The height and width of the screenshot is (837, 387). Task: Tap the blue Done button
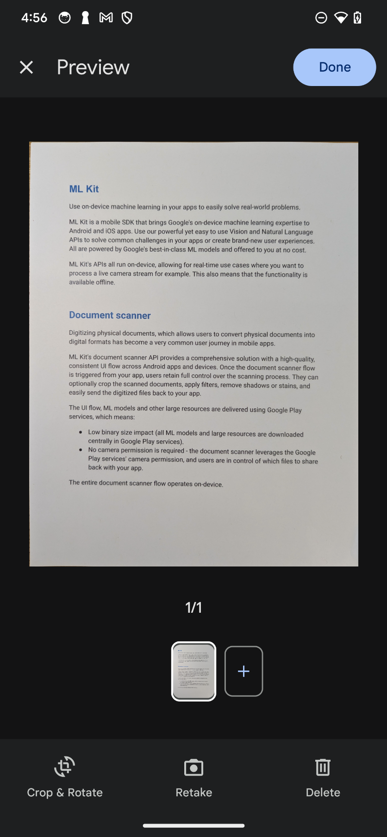click(x=334, y=67)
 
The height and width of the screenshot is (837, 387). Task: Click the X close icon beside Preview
click(x=26, y=68)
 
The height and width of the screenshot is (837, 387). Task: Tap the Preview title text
click(x=93, y=68)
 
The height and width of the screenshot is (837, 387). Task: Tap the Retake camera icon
click(x=193, y=768)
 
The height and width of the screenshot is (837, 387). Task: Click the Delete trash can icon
click(x=323, y=768)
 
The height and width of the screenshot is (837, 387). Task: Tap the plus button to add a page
click(x=243, y=671)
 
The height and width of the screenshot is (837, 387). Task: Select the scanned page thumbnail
click(x=193, y=671)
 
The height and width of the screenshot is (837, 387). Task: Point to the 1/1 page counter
click(x=193, y=607)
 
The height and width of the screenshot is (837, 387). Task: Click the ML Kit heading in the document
click(x=84, y=189)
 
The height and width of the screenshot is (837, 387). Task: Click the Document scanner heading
click(x=110, y=315)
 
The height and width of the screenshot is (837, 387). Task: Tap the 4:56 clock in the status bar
click(x=34, y=18)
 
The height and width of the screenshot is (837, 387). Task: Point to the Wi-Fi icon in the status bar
click(x=341, y=18)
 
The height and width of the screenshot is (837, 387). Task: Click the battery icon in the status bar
click(x=357, y=18)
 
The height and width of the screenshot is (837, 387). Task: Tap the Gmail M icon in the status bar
click(x=106, y=18)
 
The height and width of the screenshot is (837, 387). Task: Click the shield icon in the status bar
click(x=127, y=18)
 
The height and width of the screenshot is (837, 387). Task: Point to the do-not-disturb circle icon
click(x=321, y=18)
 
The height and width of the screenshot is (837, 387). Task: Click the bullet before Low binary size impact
click(x=81, y=432)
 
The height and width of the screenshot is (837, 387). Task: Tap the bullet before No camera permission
click(x=81, y=450)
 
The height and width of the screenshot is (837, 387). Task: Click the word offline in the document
click(x=105, y=283)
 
